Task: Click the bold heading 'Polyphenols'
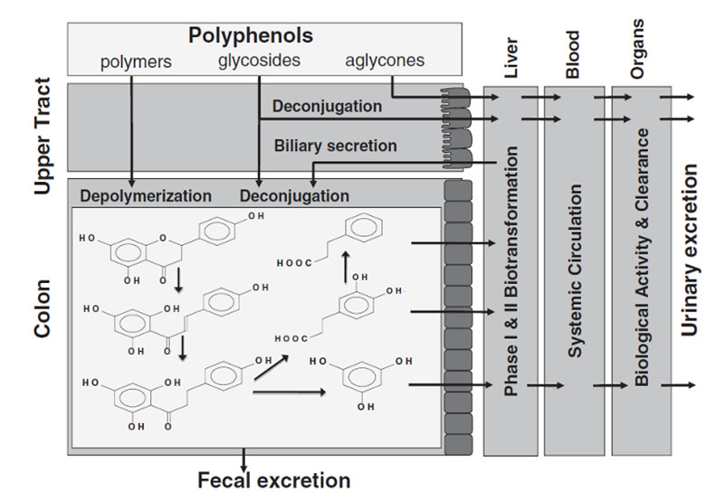pyautogui.click(x=251, y=36)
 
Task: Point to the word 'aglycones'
pyautogui.click(x=385, y=61)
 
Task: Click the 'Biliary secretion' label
pyautogui.click(x=336, y=145)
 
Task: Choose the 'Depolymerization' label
pyautogui.click(x=146, y=195)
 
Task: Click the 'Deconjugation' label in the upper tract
pyautogui.click(x=328, y=106)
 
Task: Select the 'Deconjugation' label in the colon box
pyautogui.click(x=294, y=195)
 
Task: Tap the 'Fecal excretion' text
pyautogui.click(x=274, y=479)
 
